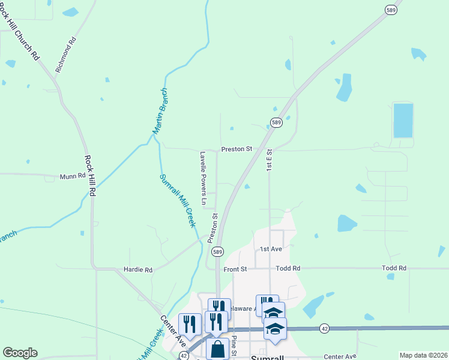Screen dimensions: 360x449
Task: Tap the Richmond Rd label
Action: tap(67, 55)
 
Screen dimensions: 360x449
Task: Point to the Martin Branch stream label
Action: tap(159, 111)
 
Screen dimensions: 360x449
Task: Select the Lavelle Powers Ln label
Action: tap(203, 179)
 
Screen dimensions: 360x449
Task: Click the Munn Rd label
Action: tap(73, 177)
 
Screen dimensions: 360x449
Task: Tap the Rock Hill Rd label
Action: tap(90, 176)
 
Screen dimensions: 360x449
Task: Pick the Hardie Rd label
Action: tap(138, 270)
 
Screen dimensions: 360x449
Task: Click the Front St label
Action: tap(235, 269)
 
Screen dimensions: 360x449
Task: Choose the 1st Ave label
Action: tap(271, 248)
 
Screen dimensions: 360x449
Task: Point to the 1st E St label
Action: tap(270, 160)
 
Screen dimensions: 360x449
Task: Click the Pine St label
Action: tap(234, 346)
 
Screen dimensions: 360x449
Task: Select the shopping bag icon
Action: tap(217, 349)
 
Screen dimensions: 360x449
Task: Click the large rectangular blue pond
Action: tap(403, 121)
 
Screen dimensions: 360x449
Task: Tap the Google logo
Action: tap(20, 353)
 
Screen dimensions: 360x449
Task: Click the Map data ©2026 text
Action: tap(423, 355)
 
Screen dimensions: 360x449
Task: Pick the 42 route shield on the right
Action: tap(325, 328)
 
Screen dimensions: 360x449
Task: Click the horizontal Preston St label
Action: tap(236, 149)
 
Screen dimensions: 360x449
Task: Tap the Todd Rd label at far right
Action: tap(394, 268)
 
